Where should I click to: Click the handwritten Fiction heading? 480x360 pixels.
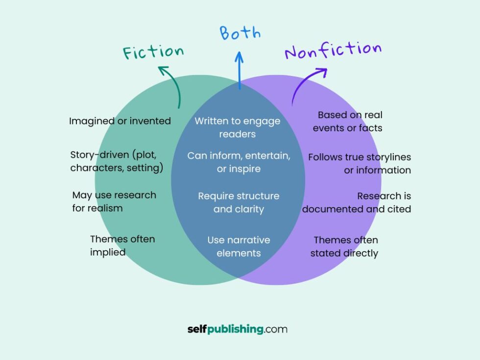tap(153, 51)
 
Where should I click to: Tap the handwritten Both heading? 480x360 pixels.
tap(240, 33)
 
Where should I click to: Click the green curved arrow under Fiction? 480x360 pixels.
tap(173, 86)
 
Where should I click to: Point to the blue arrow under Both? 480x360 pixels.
tap(239, 71)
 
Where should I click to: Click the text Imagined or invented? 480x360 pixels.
tap(120, 121)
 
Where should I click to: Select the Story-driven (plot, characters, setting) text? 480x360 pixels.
tap(117, 162)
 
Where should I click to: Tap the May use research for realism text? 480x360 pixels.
tap(114, 201)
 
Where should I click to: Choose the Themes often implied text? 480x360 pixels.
tap(122, 245)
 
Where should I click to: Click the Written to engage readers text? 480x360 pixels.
tap(238, 127)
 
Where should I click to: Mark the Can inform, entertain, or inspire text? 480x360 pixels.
tap(239, 162)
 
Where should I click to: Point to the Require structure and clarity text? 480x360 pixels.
tap(239, 202)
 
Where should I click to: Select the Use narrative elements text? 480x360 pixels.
tap(239, 246)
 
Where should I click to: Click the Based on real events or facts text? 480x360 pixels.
tap(348, 121)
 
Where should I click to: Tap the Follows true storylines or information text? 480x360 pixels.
tap(359, 164)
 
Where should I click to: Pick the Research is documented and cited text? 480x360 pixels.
tap(357, 202)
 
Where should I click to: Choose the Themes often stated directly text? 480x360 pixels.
tap(345, 246)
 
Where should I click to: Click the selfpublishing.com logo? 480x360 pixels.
tap(238, 329)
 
